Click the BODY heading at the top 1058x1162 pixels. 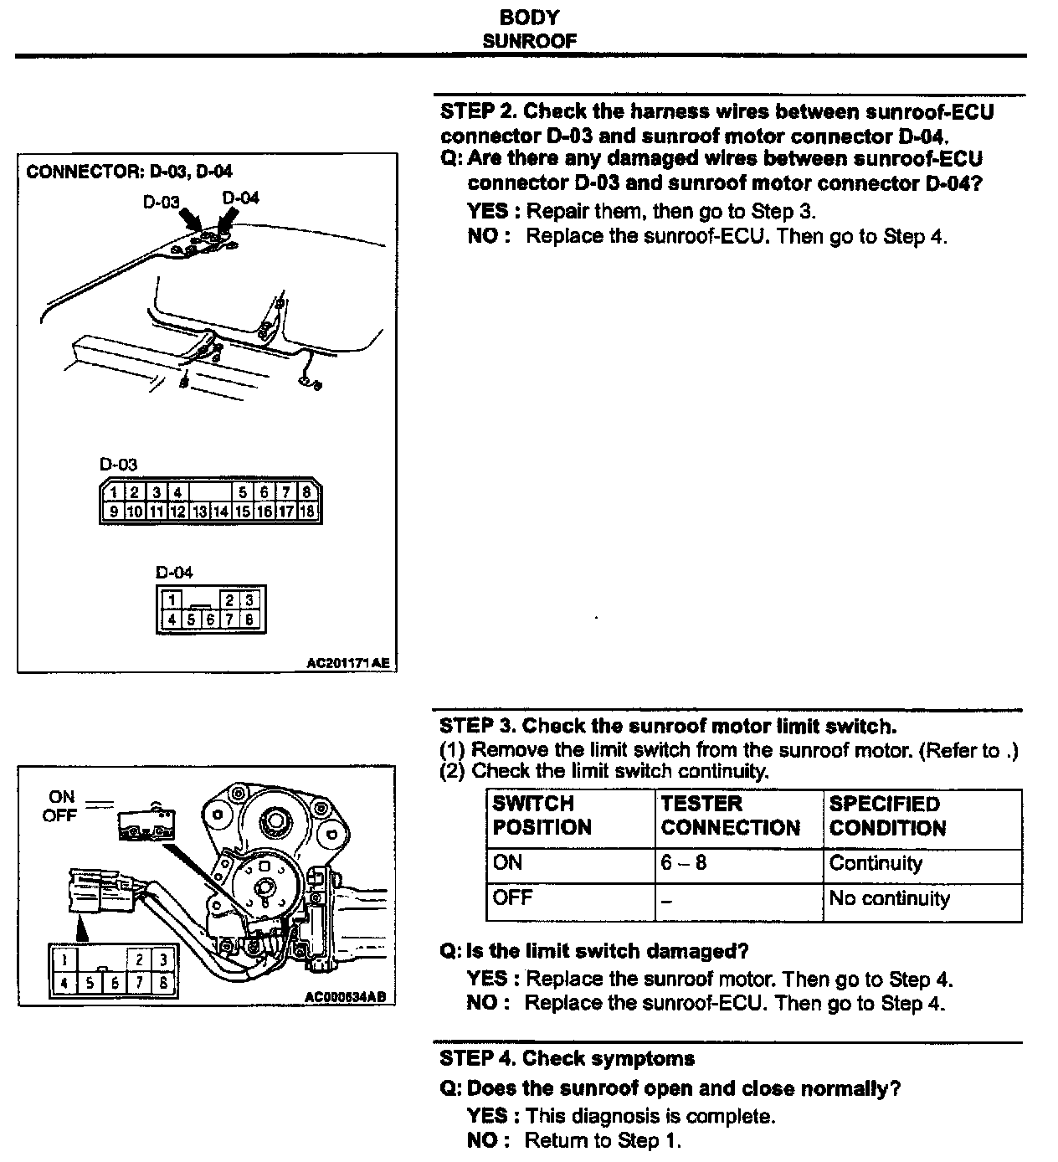click(529, 17)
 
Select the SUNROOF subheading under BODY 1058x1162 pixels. click(529, 40)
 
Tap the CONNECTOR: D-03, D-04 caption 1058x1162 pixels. click(130, 172)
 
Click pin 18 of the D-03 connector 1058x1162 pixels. click(307, 511)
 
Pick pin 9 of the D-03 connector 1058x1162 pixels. click(112, 511)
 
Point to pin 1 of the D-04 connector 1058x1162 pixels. click(171, 599)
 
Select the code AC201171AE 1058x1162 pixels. click(348, 663)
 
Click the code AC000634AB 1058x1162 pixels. click(347, 997)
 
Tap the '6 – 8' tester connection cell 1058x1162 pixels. click(684, 862)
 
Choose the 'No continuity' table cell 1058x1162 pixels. click(889, 899)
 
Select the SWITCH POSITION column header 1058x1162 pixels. click(542, 816)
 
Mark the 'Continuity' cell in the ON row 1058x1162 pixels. click(876, 863)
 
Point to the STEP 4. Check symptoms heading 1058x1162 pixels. click(567, 1059)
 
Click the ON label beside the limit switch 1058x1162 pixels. click(62, 797)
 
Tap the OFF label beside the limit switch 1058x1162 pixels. click(59, 815)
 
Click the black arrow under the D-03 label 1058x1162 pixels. click(193, 221)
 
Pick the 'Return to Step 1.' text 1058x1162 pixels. click(603, 1140)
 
